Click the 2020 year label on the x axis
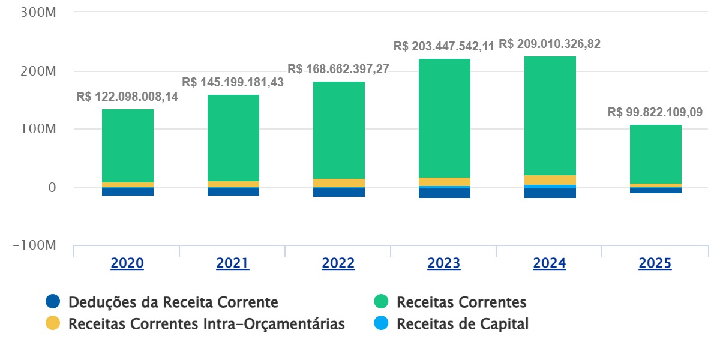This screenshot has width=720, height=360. click(x=127, y=263)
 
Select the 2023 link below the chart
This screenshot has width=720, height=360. click(x=443, y=263)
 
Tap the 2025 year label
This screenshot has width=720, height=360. click(x=655, y=263)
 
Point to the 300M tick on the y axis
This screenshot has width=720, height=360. click(x=38, y=13)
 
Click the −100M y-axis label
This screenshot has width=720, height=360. click(x=34, y=246)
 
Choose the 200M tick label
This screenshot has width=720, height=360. click(x=38, y=71)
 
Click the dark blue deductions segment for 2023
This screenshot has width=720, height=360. click(x=444, y=193)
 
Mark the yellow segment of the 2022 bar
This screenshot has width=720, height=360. click(x=338, y=183)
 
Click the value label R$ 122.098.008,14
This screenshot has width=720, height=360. click(x=127, y=97)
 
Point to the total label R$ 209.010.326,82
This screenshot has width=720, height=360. click(x=550, y=44)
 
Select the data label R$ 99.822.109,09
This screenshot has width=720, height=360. click(x=655, y=112)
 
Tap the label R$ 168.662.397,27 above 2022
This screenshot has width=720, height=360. click(x=338, y=69)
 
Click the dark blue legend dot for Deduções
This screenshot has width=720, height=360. click(x=53, y=302)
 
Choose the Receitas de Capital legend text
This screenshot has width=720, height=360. click(x=463, y=324)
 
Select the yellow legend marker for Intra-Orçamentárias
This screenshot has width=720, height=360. click(x=53, y=324)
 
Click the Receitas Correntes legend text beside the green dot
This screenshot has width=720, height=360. click(x=461, y=302)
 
